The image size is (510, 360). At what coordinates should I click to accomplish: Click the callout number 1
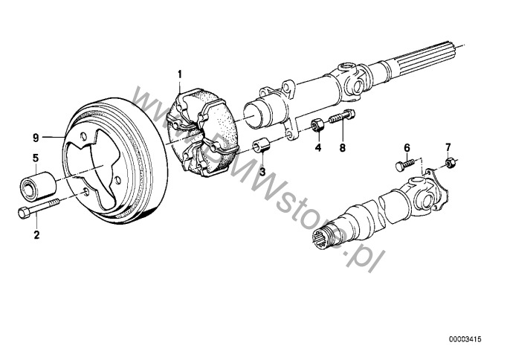[180, 74]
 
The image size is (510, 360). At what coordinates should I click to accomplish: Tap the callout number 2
[36, 234]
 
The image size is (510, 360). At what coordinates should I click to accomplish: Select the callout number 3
[262, 172]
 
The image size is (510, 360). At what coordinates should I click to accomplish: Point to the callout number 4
[317, 147]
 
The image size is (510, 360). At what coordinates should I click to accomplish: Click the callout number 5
[36, 158]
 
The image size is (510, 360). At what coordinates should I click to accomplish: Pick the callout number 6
[407, 147]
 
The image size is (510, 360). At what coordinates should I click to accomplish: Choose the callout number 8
[342, 147]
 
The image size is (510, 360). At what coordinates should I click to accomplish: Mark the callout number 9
[36, 138]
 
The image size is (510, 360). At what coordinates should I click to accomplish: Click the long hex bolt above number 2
[39, 208]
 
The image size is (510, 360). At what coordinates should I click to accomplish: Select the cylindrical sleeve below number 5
[38, 185]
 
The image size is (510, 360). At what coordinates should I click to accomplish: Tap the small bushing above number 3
[261, 145]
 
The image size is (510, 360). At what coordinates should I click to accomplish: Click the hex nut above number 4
[317, 125]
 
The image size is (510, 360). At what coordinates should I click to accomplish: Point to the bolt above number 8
[342, 117]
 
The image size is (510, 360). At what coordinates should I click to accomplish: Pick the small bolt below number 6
[404, 164]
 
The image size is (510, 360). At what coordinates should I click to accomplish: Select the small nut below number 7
[450, 161]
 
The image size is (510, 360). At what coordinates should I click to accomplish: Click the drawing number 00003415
[465, 339]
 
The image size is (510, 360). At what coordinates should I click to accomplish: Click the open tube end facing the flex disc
[256, 114]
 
